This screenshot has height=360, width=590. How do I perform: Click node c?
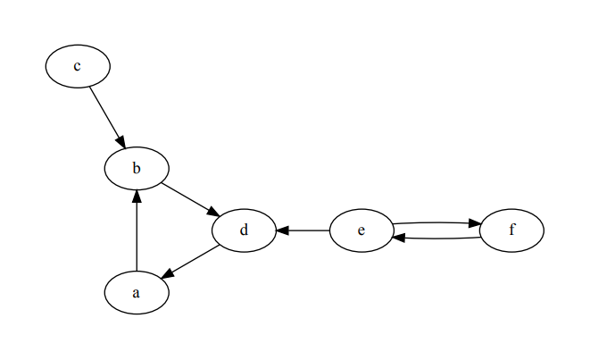(x=78, y=66)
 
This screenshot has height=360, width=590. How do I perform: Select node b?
(x=136, y=167)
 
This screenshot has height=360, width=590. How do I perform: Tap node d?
(x=244, y=230)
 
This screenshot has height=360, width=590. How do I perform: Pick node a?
(x=136, y=293)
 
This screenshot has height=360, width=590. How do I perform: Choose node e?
(x=361, y=230)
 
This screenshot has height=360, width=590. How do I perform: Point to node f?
(x=511, y=230)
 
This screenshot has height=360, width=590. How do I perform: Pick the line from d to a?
(x=194, y=259)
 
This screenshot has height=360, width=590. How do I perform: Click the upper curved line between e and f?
(x=433, y=222)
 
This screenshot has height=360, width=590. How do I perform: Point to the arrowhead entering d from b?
(x=214, y=213)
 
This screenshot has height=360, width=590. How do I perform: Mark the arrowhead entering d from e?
(x=282, y=230)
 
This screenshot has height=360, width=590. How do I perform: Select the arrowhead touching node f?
(x=475, y=223)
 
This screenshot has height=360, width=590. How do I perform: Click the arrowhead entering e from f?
(x=399, y=238)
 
